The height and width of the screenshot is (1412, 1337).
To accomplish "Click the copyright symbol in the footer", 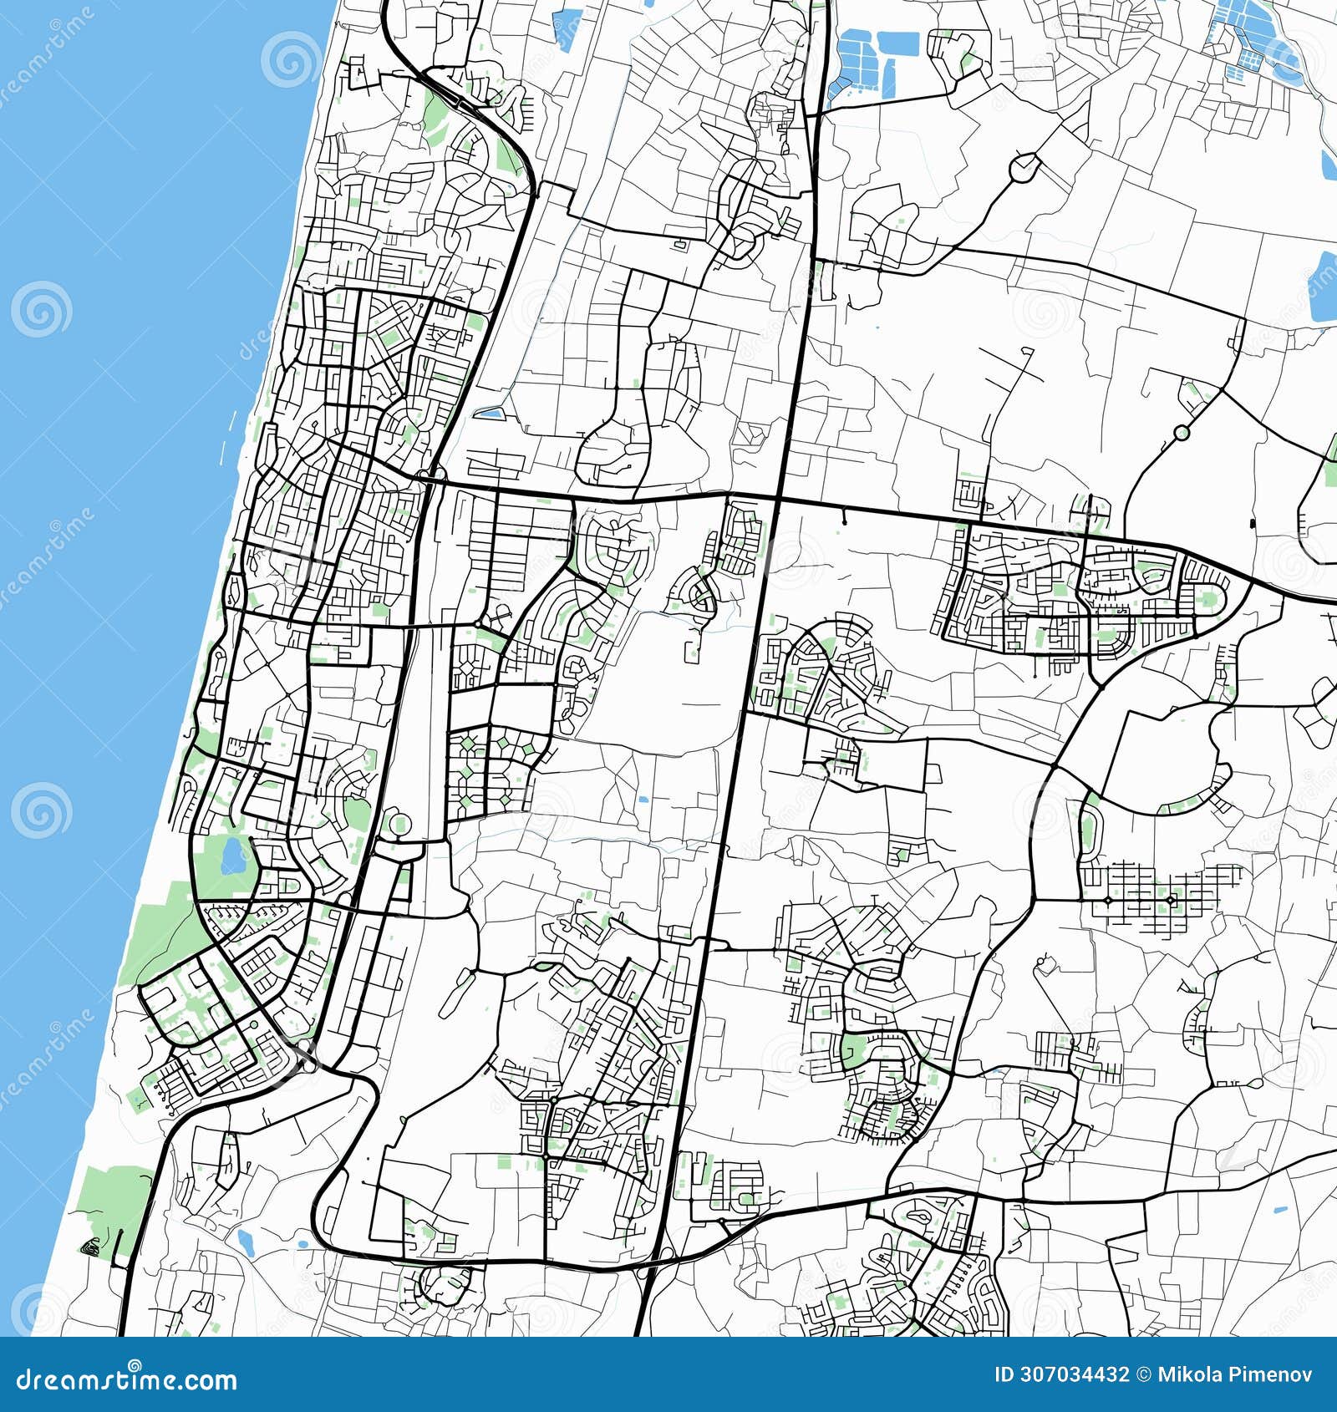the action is (1142, 1374).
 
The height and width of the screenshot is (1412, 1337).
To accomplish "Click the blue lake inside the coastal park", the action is (231, 856).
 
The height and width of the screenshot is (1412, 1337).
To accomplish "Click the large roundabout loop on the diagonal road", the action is (1024, 167).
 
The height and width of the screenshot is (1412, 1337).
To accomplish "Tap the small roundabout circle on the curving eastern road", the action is (1182, 433).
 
